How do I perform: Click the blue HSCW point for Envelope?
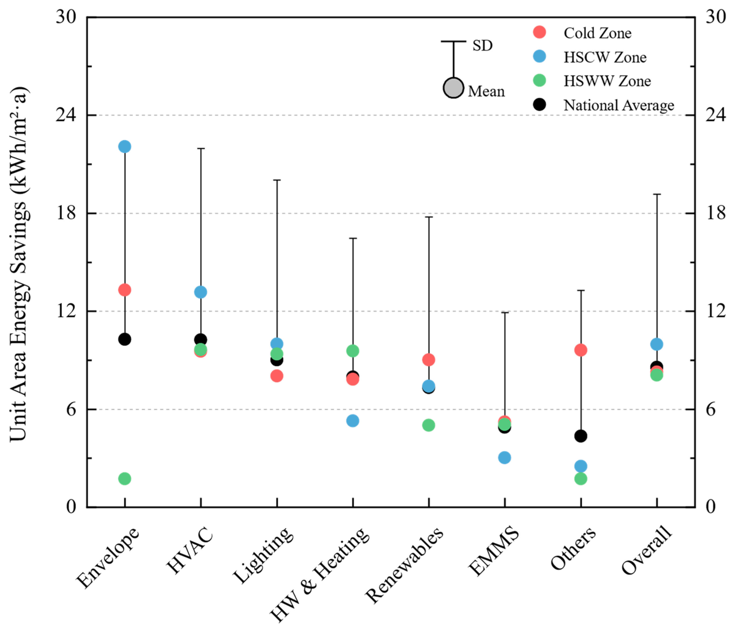[x=125, y=146]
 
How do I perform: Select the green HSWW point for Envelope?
[x=125, y=479]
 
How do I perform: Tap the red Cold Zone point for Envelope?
[x=125, y=290]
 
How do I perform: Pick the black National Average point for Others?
[x=581, y=436]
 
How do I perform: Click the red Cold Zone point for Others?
[x=581, y=350]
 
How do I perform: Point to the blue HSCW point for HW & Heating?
[x=353, y=421]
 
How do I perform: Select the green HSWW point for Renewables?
[x=428, y=425]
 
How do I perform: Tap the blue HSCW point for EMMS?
[x=505, y=458]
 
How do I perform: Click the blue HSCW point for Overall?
[x=656, y=344]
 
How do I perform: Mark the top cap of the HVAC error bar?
[x=201, y=148]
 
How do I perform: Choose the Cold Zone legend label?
[x=598, y=33]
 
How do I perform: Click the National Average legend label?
[x=619, y=105]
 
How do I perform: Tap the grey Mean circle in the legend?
[x=453, y=88]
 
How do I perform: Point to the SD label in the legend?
[x=482, y=45]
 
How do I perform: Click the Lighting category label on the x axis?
[x=264, y=555]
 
